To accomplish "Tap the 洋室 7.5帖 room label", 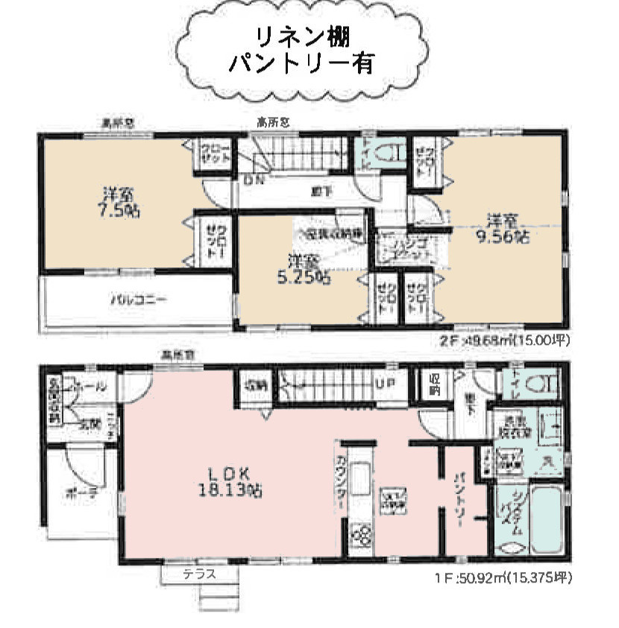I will (x=119, y=203).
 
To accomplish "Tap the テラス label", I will (x=200, y=574).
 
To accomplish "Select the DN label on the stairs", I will (x=251, y=180).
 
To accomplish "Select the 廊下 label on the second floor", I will (x=321, y=192).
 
